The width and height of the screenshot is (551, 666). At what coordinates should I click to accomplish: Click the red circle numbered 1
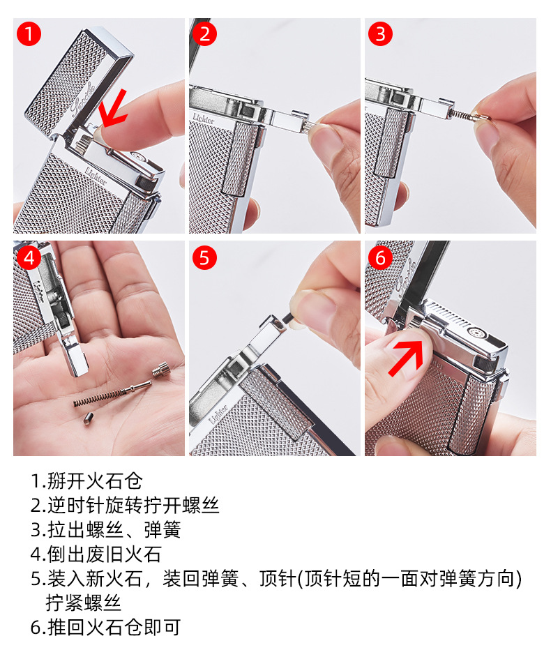tap(29, 34)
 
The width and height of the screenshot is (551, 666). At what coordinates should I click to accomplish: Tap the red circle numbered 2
tap(204, 34)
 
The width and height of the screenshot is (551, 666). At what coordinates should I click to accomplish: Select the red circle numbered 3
tap(380, 34)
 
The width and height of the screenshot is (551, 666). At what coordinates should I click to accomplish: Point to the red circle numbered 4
tap(29, 257)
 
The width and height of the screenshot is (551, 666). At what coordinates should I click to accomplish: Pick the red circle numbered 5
tap(204, 257)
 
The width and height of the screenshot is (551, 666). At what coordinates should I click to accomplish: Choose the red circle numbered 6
tap(380, 257)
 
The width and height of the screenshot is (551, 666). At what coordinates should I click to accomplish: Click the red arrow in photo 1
tap(113, 109)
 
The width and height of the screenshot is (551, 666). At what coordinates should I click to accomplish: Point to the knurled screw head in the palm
tap(161, 369)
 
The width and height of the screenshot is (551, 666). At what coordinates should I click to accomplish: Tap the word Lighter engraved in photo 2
tap(204, 119)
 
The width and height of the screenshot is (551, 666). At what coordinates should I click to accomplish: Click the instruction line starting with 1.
tap(86, 481)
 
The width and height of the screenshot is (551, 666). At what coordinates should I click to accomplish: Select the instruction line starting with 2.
tap(124, 506)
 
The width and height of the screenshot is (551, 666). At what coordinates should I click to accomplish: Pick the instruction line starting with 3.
tap(106, 530)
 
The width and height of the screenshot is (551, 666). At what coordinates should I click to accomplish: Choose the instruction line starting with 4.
tap(96, 554)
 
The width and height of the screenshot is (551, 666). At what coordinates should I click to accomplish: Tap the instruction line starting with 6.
tap(106, 628)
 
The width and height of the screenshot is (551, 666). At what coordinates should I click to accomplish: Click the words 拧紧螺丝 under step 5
tap(84, 603)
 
